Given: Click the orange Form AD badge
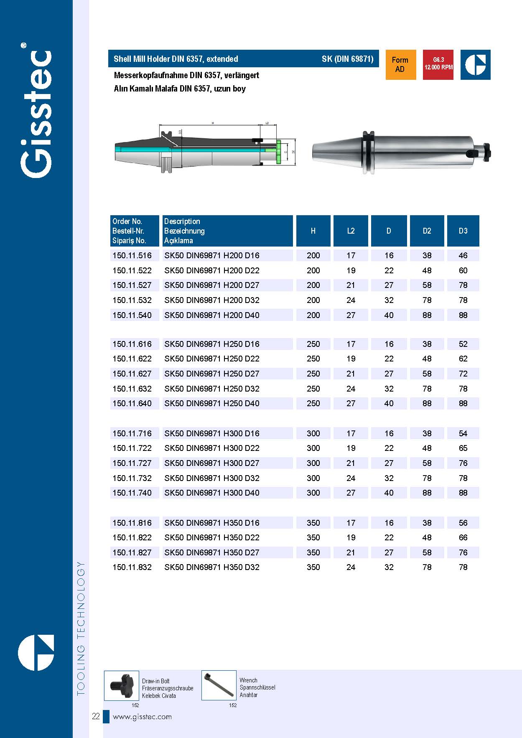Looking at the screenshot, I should [x=400, y=65].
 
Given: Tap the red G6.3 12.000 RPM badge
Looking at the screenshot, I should [x=438, y=65].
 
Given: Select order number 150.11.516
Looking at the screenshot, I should [x=132, y=255].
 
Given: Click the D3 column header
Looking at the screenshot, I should [x=463, y=231].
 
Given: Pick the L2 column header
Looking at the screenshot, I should [x=351, y=231].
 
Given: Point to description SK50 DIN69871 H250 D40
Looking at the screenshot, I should [x=212, y=403].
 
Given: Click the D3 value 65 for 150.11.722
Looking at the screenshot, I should [x=463, y=448].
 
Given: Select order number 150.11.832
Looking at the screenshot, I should [x=132, y=567].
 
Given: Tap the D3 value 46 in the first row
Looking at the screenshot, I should [x=463, y=255].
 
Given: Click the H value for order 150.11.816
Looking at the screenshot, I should [x=313, y=523].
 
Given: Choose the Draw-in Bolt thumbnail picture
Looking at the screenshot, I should [x=122, y=685].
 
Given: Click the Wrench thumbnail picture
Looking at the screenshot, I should [x=219, y=685].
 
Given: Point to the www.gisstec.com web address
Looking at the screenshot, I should [x=142, y=717].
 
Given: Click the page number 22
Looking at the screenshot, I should [x=96, y=716].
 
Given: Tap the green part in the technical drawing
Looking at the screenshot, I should [x=278, y=151].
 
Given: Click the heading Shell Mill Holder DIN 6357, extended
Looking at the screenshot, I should [x=176, y=59].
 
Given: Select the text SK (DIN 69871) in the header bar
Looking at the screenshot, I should [x=347, y=59].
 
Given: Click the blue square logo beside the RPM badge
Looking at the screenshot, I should [x=476, y=65].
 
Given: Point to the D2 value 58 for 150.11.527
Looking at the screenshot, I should [x=427, y=285].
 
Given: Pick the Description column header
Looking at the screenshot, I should [x=182, y=221].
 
